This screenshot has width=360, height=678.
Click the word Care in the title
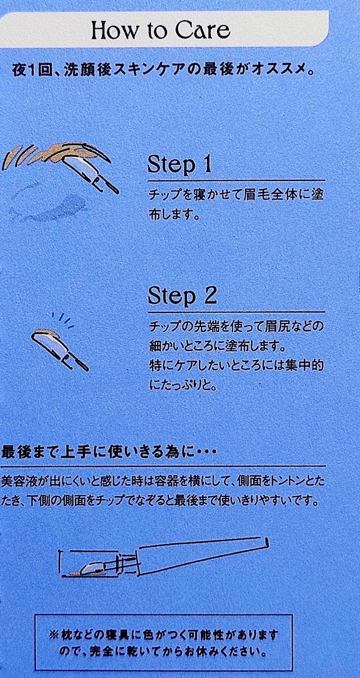coord(203,30)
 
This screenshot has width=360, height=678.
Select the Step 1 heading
coord(180,165)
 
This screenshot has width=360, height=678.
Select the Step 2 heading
coord(182,296)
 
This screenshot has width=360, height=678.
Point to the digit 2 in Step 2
coord(211,295)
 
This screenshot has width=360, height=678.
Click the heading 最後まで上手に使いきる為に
coord(109,453)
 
